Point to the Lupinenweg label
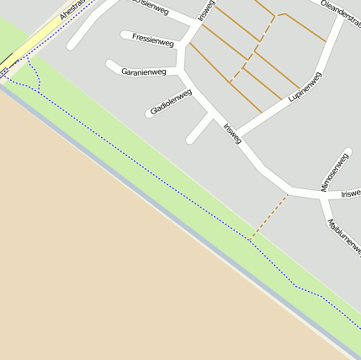point(305,88)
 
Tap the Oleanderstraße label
point(341,11)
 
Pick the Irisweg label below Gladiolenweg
point(233,133)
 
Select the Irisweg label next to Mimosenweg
point(350,193)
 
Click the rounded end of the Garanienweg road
point(110,65)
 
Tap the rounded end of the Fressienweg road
point(125,35)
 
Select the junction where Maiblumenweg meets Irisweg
point(322,195)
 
